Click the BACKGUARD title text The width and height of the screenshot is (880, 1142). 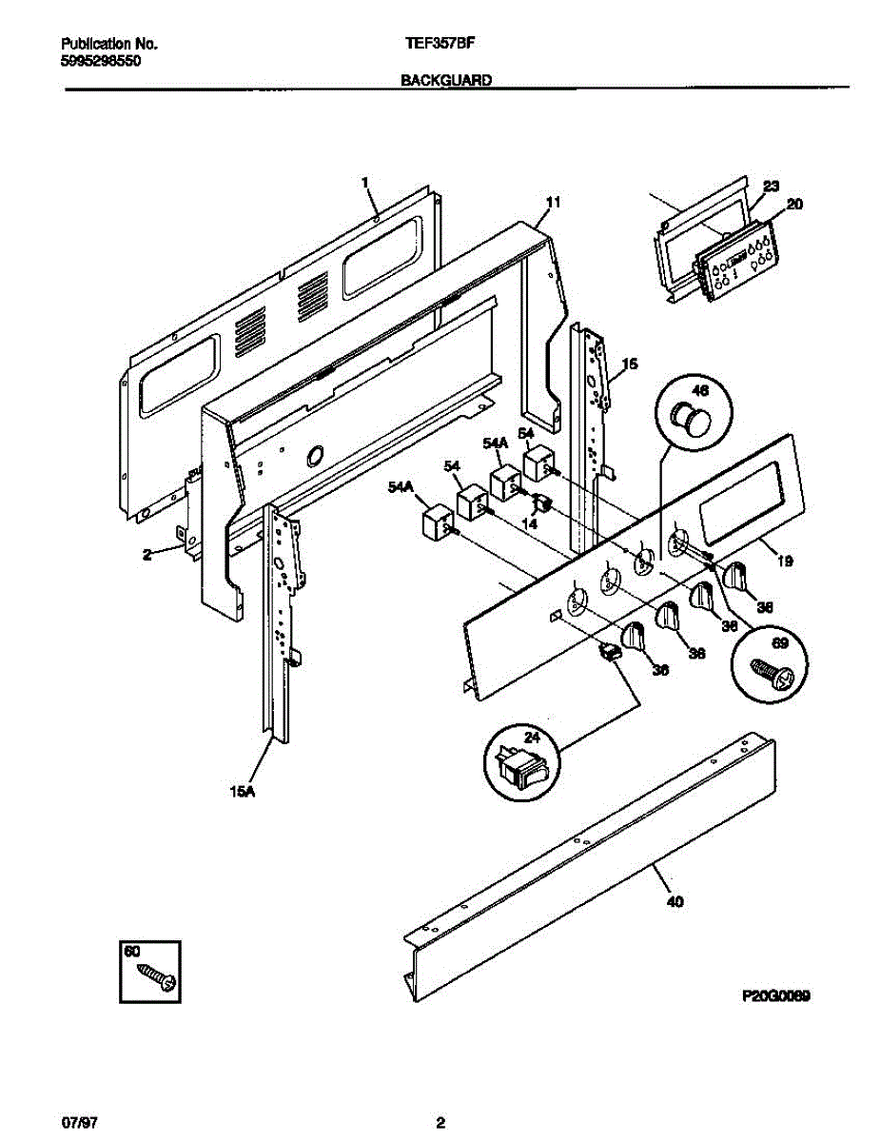coord(445,82)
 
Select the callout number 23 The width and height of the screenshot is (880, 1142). coord(771,186)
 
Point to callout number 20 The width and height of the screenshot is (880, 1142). coord(794,204)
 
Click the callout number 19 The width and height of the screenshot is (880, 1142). coord(785,561)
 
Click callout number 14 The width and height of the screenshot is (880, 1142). coord(530,523)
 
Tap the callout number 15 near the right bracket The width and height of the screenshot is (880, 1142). coord(629,364)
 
